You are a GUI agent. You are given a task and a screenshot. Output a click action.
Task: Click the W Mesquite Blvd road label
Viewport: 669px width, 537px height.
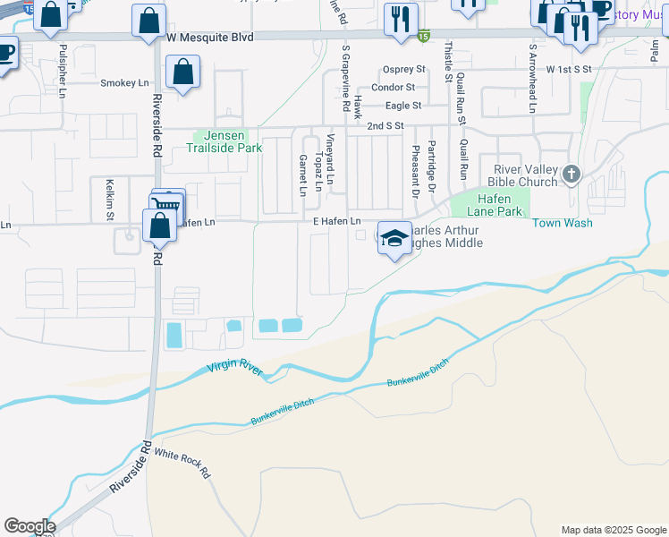[210, 38]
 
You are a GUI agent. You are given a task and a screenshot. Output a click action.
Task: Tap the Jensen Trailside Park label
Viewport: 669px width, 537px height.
[229, 142]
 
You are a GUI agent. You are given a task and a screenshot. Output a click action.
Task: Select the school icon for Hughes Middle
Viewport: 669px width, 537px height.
[394, 238]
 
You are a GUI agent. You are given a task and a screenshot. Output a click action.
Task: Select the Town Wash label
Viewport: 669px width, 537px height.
[563, 223]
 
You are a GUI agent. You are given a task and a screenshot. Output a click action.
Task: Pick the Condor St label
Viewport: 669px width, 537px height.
[393, 87]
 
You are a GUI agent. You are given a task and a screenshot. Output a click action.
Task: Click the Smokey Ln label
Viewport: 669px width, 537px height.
[124, 83]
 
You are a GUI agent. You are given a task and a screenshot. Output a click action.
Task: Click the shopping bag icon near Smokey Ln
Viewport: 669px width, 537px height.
[182, 74]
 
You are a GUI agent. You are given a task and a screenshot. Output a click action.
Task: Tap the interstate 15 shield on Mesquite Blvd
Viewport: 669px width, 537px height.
[424, 37]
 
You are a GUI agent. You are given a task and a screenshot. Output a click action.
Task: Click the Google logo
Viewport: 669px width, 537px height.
[30, 526]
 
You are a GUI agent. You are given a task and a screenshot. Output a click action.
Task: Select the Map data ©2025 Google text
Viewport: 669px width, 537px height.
[614, 530]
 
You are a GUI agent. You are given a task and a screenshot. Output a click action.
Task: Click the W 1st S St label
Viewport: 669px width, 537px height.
[570, 69]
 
